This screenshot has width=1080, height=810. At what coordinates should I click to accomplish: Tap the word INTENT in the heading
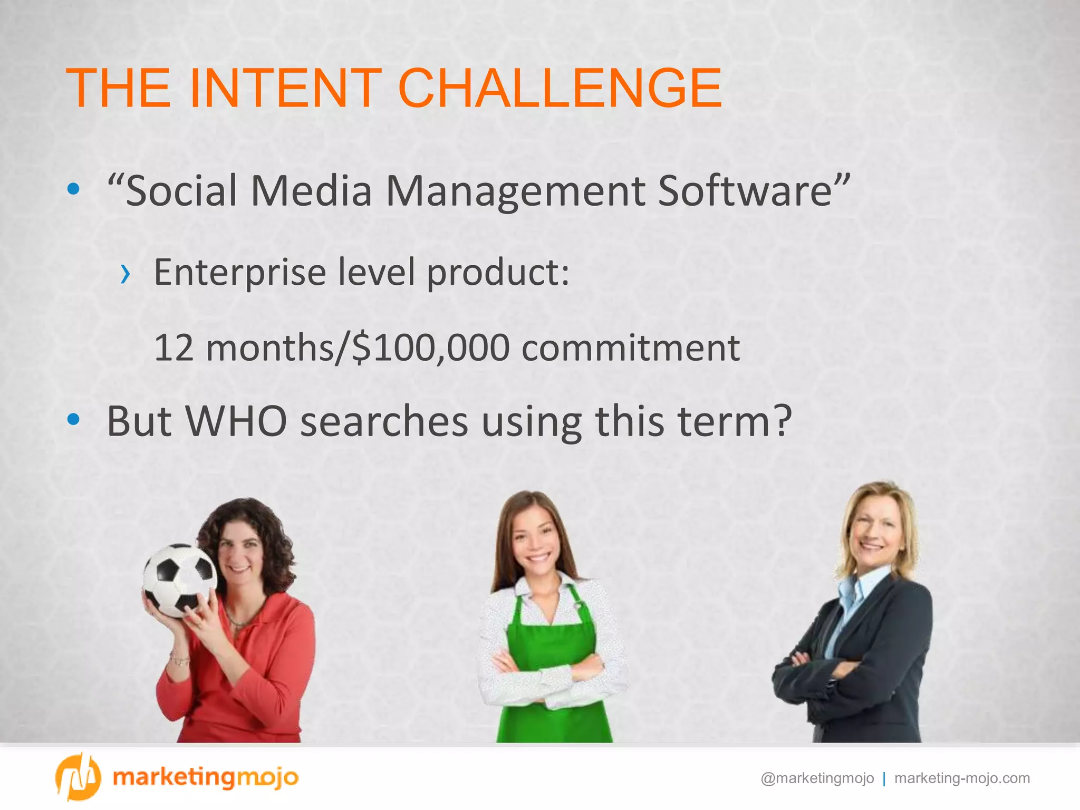click(x=285, y=89)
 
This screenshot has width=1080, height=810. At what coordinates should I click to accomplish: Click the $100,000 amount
click(x=430, y=348)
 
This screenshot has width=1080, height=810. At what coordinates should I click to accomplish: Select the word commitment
click(x=631, y=348)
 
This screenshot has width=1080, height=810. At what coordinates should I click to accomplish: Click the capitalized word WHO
click(x=236, y=422)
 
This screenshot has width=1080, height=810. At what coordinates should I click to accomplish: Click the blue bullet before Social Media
click(x=74, y=189)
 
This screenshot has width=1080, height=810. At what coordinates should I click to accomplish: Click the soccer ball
click(x=179, y=580)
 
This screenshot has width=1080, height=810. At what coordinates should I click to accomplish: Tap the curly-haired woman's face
click(x=240, y=554)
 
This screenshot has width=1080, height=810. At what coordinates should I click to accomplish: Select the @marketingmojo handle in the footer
click(x=817, y=778)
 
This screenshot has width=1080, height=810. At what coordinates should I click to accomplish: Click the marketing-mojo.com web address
click(x=962, y=778)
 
